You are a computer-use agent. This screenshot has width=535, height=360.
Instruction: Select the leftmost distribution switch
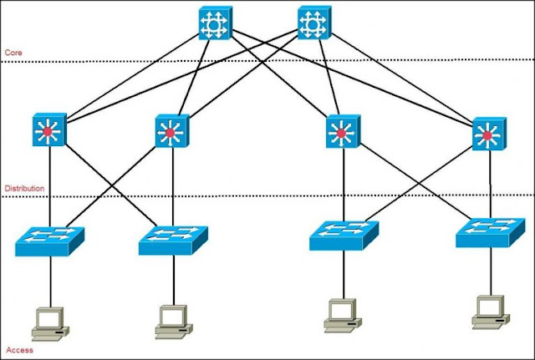click(x=48, y=131)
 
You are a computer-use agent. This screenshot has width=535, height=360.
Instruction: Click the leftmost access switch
click(x=49, y=241)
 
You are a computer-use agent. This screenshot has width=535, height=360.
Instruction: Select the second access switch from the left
click(x=172, y=241)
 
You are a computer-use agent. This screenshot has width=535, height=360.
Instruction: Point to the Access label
click(x=18, y=350)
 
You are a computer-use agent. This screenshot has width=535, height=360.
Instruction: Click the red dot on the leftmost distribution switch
click(x=48, y=132)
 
